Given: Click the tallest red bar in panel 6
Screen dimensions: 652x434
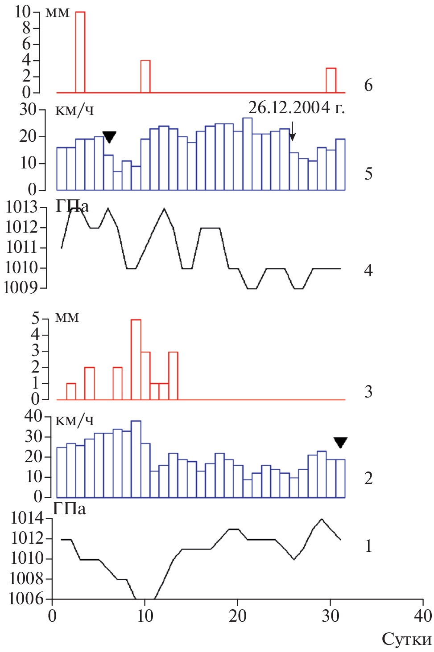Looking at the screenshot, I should click(80, 52).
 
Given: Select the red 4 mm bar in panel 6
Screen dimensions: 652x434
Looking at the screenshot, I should click(145, 76).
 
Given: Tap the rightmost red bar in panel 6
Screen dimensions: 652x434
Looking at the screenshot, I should click(331, 80).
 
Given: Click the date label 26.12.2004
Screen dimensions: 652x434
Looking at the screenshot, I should click(296, 107).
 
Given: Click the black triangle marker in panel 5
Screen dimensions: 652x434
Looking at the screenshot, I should click(109, 136).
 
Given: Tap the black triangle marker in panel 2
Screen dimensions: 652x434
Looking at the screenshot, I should click(340, 442).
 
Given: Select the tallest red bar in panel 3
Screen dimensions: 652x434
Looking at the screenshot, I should click(136, 359).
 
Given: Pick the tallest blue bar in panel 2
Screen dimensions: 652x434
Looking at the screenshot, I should click(136, 459).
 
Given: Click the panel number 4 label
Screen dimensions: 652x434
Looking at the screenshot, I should click(368, 270).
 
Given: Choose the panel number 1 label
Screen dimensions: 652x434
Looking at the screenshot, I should click(368, 545).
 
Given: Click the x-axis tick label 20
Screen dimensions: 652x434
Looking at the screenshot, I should click(237, 616).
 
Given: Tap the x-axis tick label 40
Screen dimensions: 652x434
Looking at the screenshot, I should click(422, 616).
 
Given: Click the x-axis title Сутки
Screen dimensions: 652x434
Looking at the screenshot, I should click(406, 640).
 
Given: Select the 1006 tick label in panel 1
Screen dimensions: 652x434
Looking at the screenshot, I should click(26, 599).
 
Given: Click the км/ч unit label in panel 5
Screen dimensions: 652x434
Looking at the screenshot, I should click(74, 110).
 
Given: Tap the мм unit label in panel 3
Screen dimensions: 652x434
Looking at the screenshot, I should click(67, 317).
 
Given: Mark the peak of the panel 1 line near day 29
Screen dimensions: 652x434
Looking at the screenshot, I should click(322, 519).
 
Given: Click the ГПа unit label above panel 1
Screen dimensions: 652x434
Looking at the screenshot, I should click(70, 508).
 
